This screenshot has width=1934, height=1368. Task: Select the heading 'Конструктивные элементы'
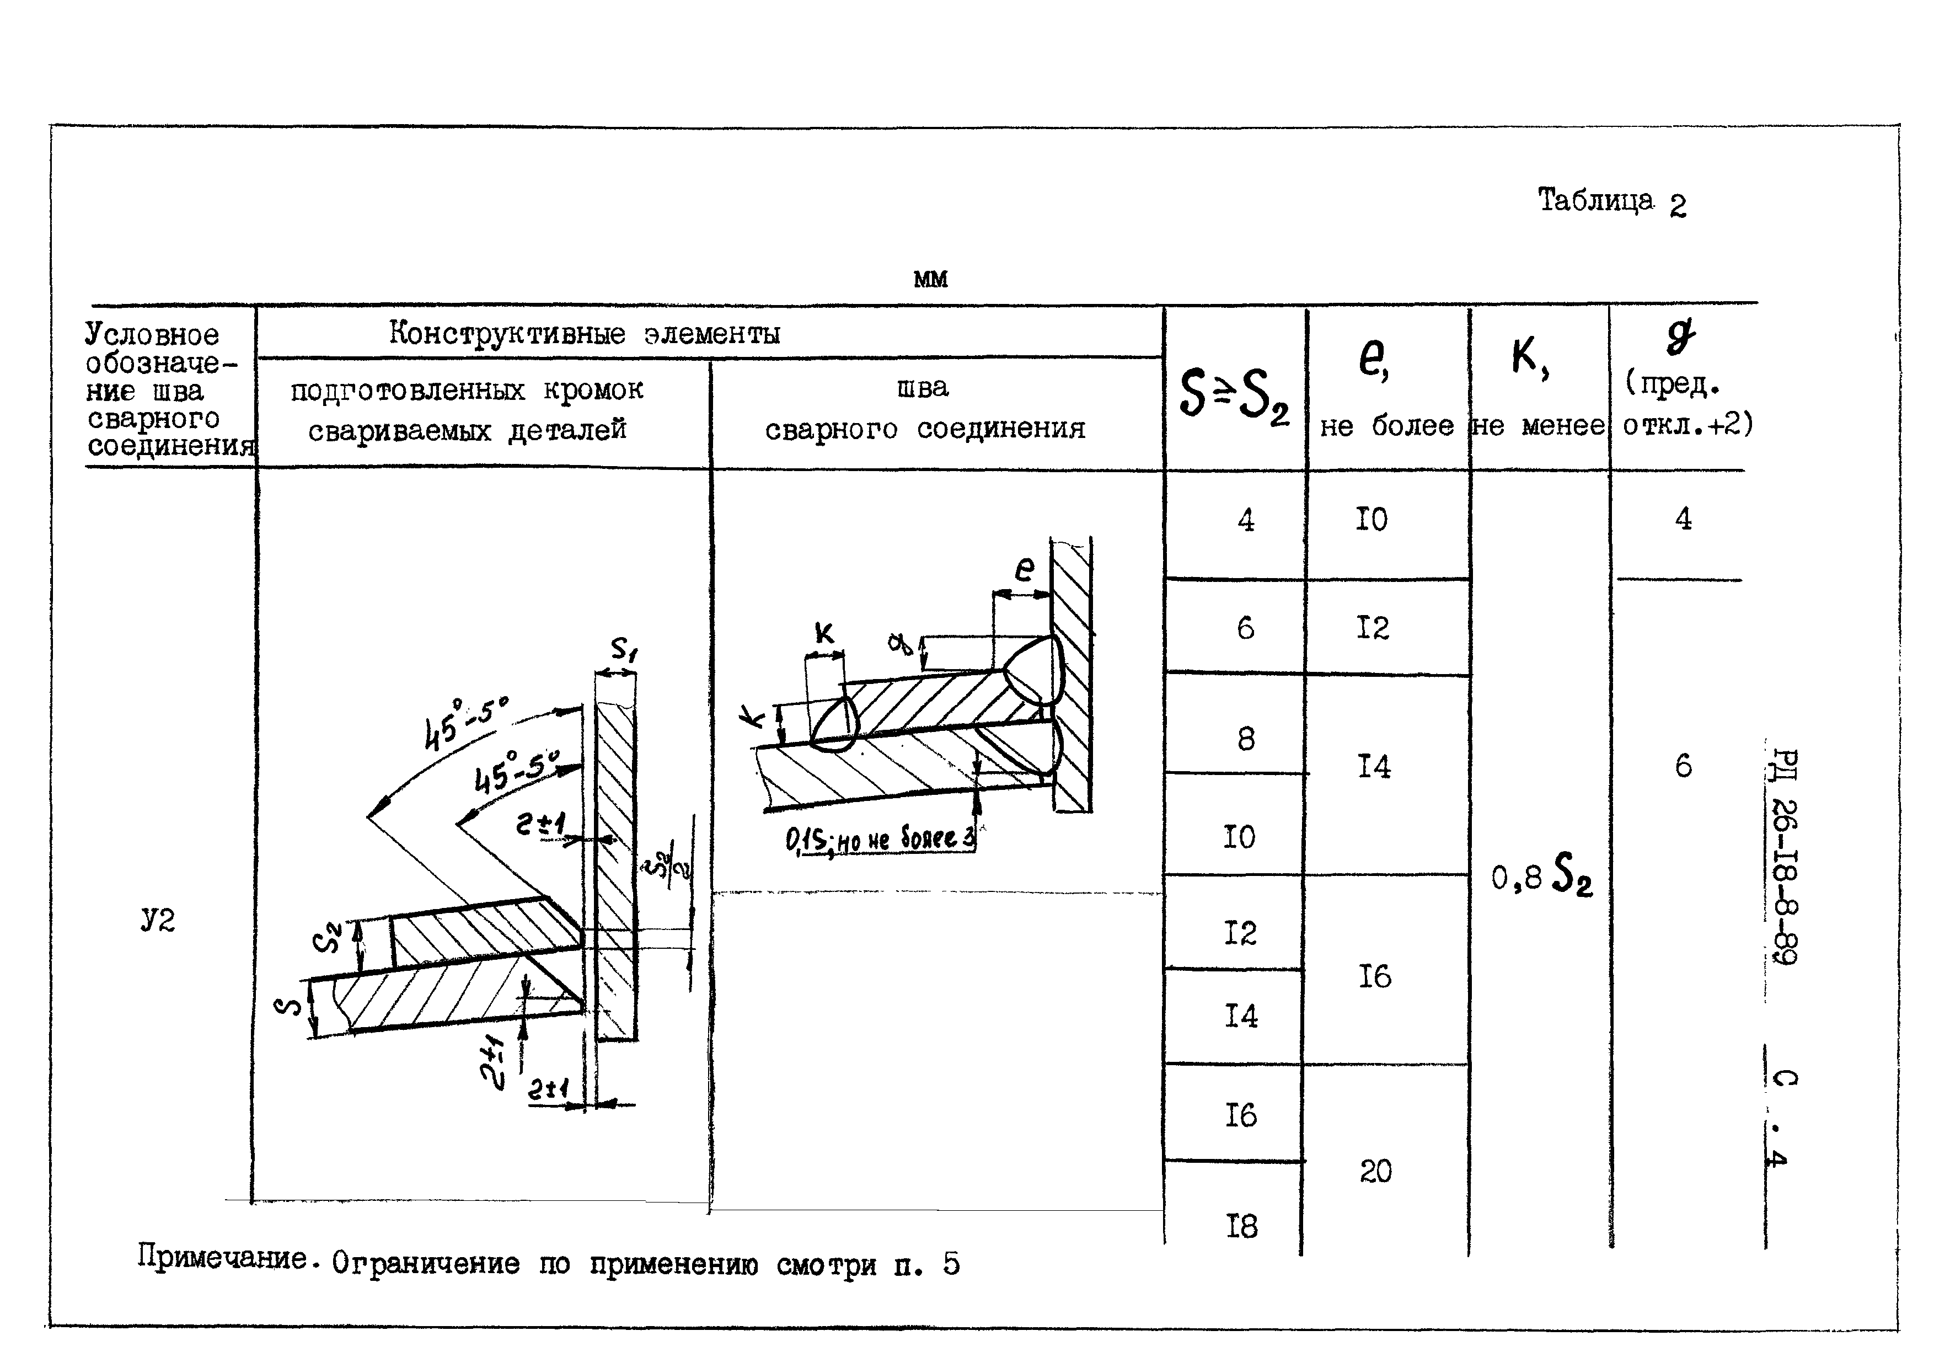click(584, 334)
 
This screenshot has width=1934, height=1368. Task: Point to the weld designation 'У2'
click(158, 920)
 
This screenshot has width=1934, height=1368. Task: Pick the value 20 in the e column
click(1375, 1171)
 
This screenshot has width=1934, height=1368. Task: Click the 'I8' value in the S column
click(1241, 1226)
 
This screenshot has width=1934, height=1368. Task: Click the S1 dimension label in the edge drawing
click(624, 649)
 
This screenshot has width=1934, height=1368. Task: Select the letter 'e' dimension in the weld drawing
click(1024, 569)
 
